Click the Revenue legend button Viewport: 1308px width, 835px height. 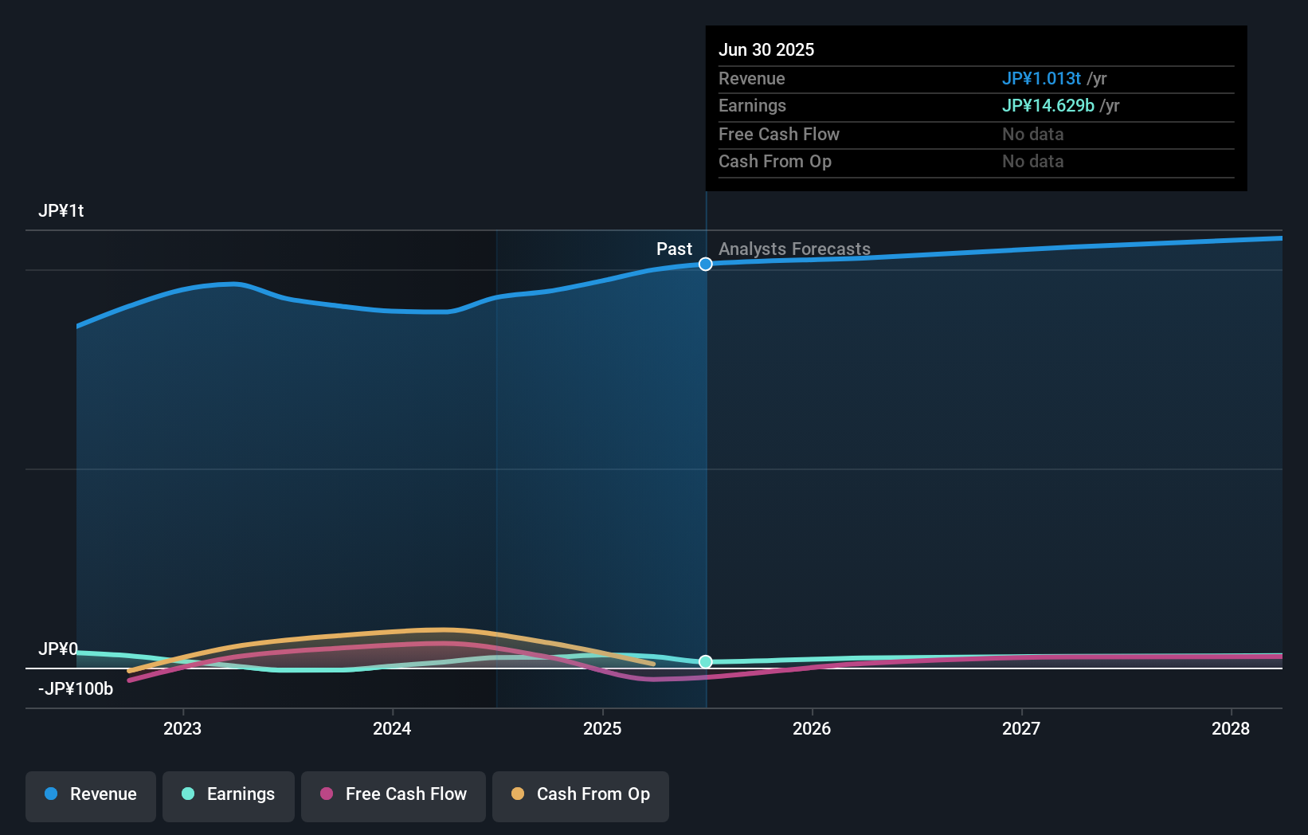91,794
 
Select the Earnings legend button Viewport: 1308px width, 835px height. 229,794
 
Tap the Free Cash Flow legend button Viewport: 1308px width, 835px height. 394,794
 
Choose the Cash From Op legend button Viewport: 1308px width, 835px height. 581,794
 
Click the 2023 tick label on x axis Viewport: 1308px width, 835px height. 182,728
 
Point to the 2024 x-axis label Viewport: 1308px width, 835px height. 392,728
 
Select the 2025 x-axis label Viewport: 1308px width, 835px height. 602,728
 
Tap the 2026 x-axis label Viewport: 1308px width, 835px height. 812,728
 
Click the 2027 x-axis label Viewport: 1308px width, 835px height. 1021,728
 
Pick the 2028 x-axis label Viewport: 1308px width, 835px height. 1231,728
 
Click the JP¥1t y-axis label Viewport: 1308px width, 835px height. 61,211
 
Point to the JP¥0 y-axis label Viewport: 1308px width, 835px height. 58,649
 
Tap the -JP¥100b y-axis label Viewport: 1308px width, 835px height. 76,689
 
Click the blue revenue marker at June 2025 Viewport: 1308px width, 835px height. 706,265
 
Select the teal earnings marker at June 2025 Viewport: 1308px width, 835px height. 706,662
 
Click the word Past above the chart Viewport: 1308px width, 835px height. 674,249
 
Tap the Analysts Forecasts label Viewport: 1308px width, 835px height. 794,249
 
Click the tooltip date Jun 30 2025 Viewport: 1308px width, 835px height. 766,50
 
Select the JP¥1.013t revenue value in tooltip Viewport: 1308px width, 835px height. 1041,79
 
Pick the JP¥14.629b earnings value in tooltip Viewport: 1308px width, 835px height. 1048,106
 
